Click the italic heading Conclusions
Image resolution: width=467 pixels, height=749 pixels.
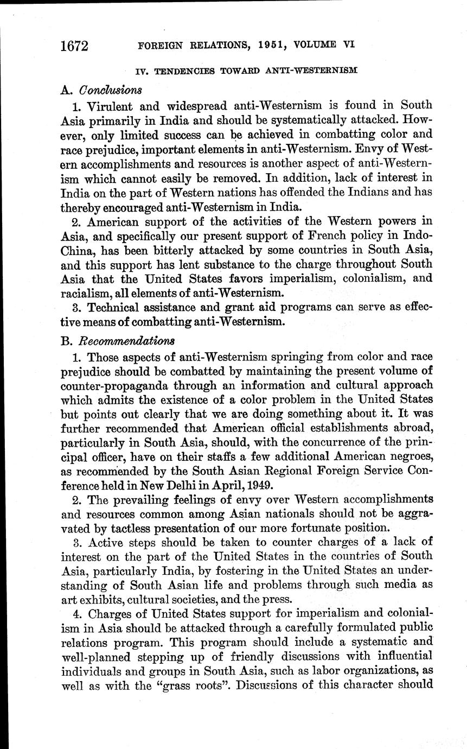(x=111, y=88)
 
